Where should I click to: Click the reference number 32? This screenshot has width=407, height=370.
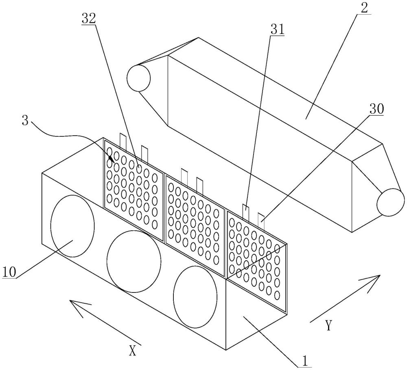coord(88,19)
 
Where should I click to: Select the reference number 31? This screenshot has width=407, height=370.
coord(277,30)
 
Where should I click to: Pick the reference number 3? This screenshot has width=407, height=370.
coord(25,121)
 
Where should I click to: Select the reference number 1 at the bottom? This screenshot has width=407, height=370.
coord(305,361)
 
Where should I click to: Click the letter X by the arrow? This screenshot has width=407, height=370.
coord(132,351)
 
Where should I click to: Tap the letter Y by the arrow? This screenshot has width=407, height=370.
coord(328,325)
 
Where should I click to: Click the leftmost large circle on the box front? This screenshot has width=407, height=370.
coord(72,226)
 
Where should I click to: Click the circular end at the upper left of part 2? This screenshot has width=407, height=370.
coord(139,78)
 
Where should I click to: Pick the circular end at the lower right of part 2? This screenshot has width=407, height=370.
coord(391,202)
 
